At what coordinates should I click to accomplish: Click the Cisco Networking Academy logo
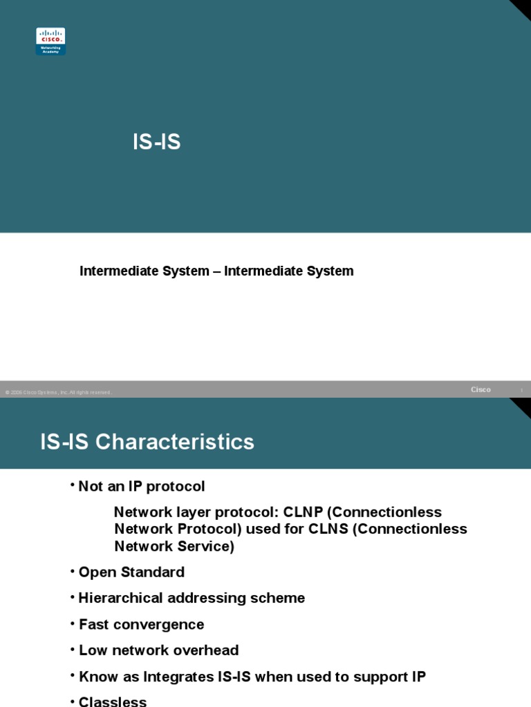pyautogui.click(x=50, y=41)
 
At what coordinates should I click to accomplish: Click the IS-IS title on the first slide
pyautogui.click(x=156, y=142)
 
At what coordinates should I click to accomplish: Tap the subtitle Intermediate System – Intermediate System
pyautogui.click(x=216, y=271)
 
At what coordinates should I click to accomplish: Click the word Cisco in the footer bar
pyautogui.click(x=481, y=390)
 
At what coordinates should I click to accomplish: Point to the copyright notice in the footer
pyautogui.click(x=58, y=392)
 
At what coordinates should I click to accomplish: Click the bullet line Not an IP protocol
pyautogui.click(x=142, y=487)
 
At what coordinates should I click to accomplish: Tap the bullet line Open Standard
pyautogui.click(x=131, y=572)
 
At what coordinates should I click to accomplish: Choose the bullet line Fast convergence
pyautogui.click(x=141, y=625)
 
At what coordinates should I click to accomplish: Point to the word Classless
pyautogui.click(x=113, y=701)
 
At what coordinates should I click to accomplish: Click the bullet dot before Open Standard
pyautogui.click(x=72, y=570)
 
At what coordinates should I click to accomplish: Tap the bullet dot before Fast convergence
pyautogui.click(x=72, y=623)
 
